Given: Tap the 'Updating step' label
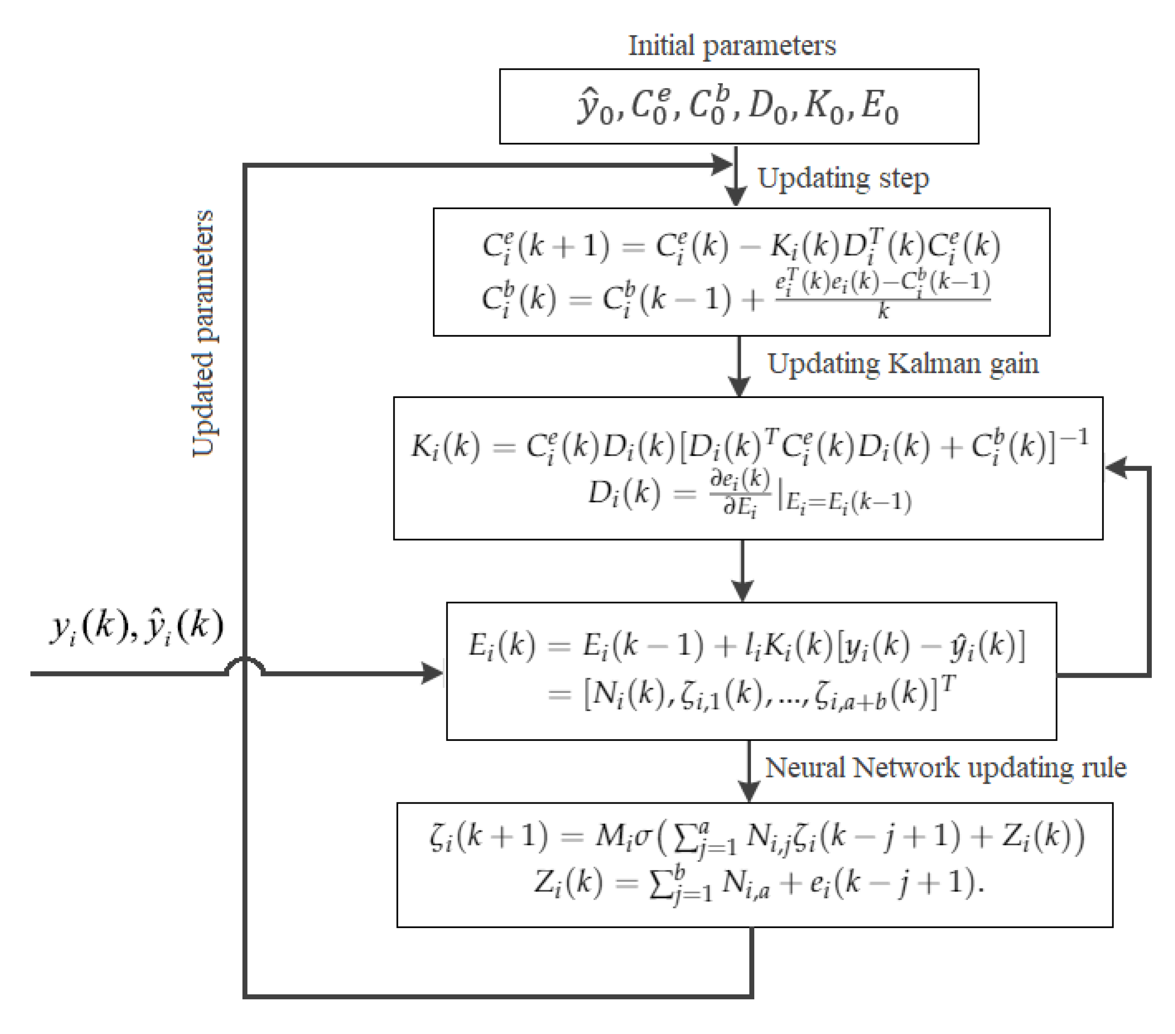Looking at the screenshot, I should (x=843, y=179).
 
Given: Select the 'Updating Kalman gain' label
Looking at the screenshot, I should (x=903, y=364).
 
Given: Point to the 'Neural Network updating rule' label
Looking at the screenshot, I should (x=945, y=768).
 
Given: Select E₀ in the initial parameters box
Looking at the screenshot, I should (x=879, y=108).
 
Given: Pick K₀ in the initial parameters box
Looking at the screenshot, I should (x=823, y=108).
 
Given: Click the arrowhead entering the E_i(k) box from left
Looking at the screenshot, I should (x=432, y=673).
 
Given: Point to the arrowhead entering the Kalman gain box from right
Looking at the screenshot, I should (x=1116, y=468).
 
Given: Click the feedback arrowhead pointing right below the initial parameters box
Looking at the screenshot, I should (x=721, y=165).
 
